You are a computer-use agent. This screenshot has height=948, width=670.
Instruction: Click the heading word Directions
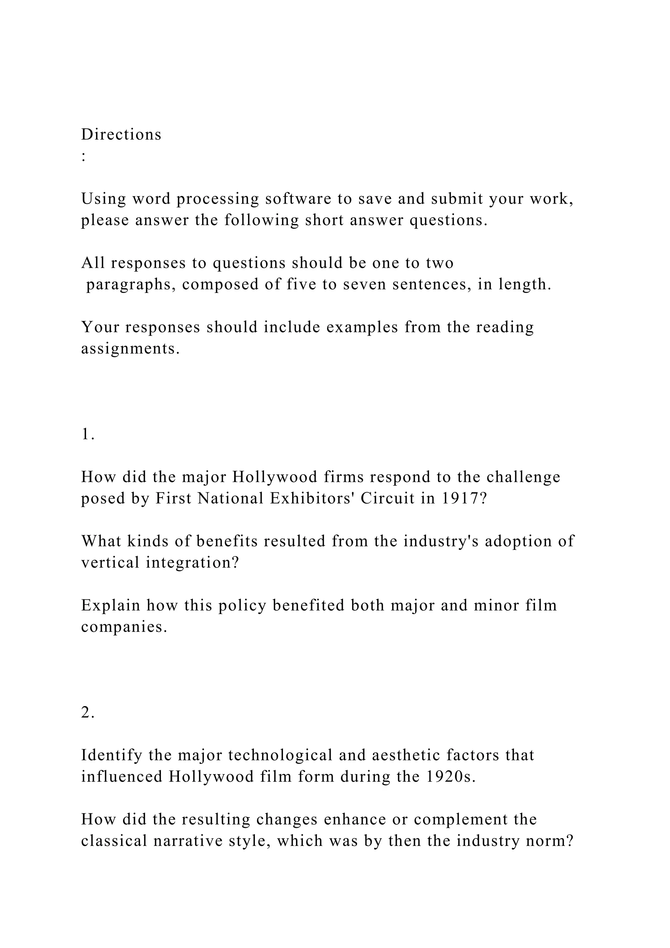pos(121,135)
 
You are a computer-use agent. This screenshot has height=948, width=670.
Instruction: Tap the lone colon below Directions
pos(84,156)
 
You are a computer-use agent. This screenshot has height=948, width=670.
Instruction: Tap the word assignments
pos(131,349)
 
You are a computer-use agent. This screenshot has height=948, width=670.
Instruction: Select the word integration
pos(192,563)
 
